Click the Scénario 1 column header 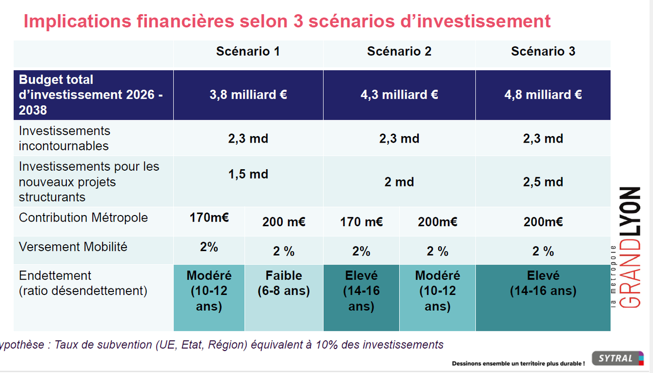click(x=248, y=51)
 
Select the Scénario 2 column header click(x=399, y=51)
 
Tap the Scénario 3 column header click(x=543, y=51)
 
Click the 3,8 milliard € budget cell click(x=248, y=95)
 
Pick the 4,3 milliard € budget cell click(x=399, y=95)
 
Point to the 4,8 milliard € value click(x=543, y=95)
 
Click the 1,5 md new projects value click(x=248, y=174)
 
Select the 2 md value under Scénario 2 click(x=399, y=182)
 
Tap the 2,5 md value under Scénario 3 click(x=543, y=182)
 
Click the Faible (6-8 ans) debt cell click(x=284, y=283)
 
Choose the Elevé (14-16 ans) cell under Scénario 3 click(x=543, y=283)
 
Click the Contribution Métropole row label click(x=83, y=218)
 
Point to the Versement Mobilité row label click(x=73, y=247)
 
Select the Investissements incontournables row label click(x=64, y=139)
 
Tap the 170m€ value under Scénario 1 click(x=209, y=218)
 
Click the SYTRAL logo click(x=618, y=358)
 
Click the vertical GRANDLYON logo click(x=627, y=248)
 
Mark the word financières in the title click(x=185, y=21)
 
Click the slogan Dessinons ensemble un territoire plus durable click(x=518, y=364)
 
